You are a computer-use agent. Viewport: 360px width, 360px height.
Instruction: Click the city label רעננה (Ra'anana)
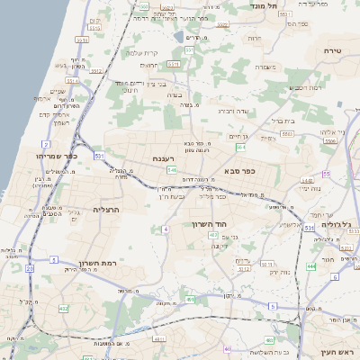(x=163, y=158)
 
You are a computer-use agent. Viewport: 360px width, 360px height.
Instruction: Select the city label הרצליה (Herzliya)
(x=106, y=209)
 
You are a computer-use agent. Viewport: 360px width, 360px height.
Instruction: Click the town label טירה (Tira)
(x=334, y=52)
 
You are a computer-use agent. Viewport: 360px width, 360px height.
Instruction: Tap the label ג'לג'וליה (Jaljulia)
(x=336, y=219)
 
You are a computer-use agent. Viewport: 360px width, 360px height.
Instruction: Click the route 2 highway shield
(x=45, y=144)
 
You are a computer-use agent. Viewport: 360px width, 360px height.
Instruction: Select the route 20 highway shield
(x=30, y=268)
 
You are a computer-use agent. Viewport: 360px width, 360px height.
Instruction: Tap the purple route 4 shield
(x=166, y=229)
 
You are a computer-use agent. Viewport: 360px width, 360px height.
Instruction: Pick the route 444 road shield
(x=310, y=266)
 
